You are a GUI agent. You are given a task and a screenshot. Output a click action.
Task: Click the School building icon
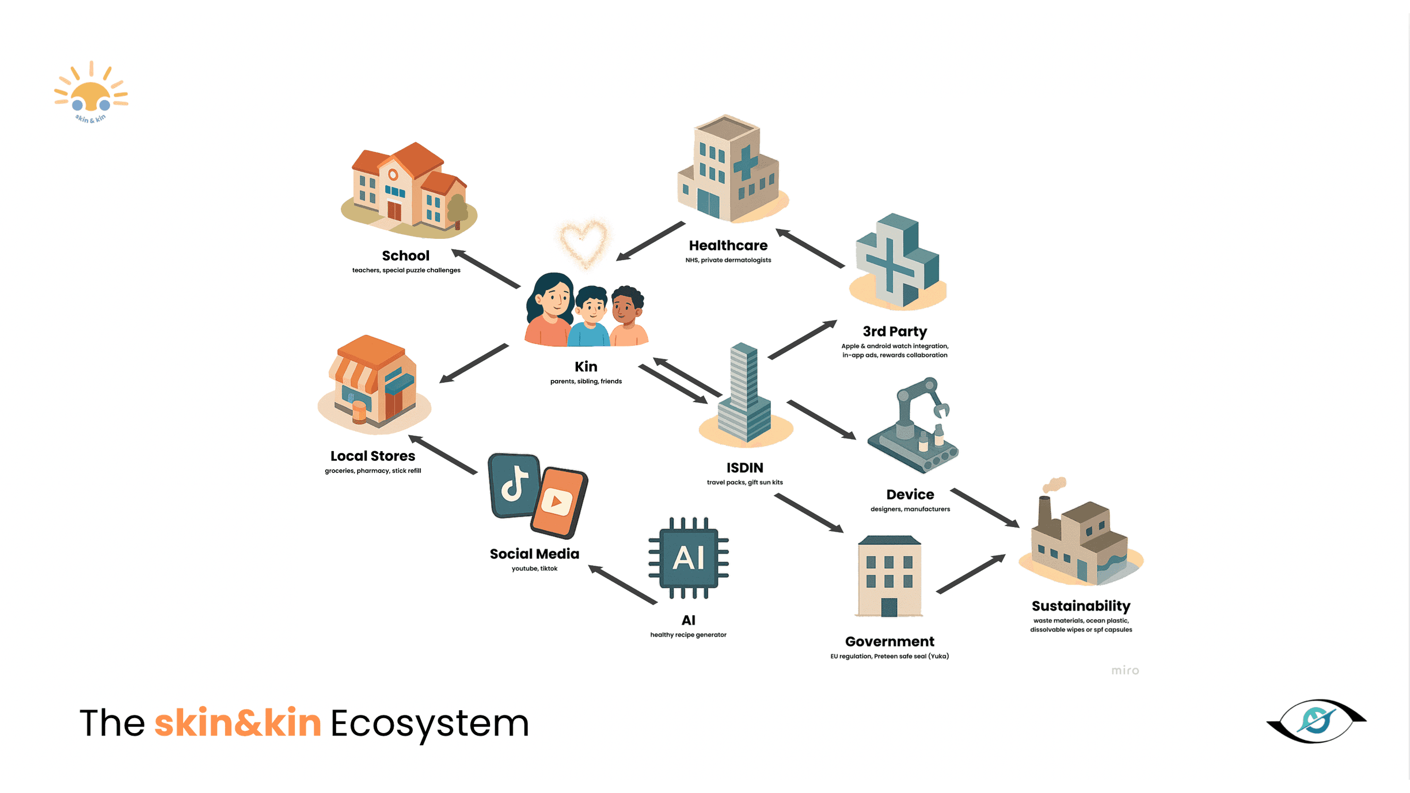click(409, 190)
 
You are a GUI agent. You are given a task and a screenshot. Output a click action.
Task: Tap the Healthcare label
click(728, 246)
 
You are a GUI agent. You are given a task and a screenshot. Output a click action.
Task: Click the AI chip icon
click(688, 558)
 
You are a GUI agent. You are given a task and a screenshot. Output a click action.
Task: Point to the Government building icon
click(889, 576)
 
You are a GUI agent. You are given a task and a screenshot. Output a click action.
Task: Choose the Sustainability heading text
click(1081, 606)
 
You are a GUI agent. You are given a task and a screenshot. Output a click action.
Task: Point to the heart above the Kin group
click(584, 242)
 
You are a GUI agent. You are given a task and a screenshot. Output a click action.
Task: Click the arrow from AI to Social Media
click(622, 585)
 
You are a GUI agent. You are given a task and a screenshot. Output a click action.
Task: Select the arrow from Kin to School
click(486, 269)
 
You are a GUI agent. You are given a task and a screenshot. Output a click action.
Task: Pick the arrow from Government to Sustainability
click(971, 574)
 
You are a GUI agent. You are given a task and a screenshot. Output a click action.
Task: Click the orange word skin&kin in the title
click(238, 723)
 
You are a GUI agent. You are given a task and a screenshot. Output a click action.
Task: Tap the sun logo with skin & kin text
click(91, 92)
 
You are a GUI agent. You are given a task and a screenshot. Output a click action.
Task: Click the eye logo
click(1316, 720)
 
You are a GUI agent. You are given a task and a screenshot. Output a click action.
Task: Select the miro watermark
click(1124, 670)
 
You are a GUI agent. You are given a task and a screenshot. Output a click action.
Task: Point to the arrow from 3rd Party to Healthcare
click(810, 249)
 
